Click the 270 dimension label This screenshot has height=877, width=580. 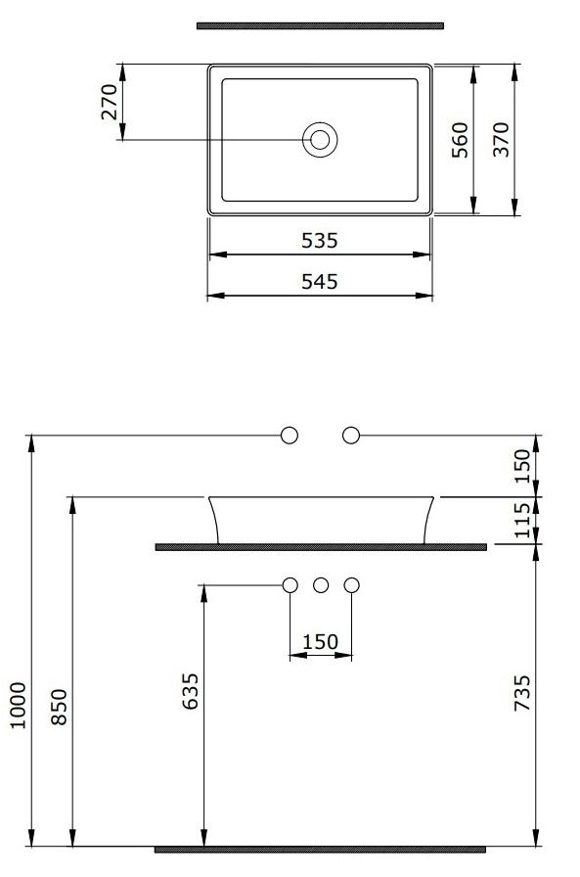(110, 102)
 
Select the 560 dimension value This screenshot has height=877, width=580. (460, 140)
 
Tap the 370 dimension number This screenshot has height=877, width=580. (501, 139)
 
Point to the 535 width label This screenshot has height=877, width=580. (320, 241)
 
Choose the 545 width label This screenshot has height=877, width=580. (320, 281)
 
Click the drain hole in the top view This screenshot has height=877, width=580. (320, 140)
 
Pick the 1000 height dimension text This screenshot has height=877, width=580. (18, 705)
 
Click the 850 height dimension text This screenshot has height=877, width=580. (59, 707)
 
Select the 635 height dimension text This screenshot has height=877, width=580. (191, 691)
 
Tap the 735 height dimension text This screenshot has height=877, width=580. (522, 693)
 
